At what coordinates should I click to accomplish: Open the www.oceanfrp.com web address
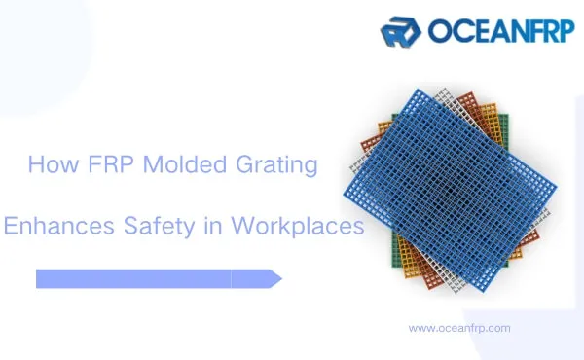[x=459, y=328]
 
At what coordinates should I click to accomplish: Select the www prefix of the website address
[x=420, y=328]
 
